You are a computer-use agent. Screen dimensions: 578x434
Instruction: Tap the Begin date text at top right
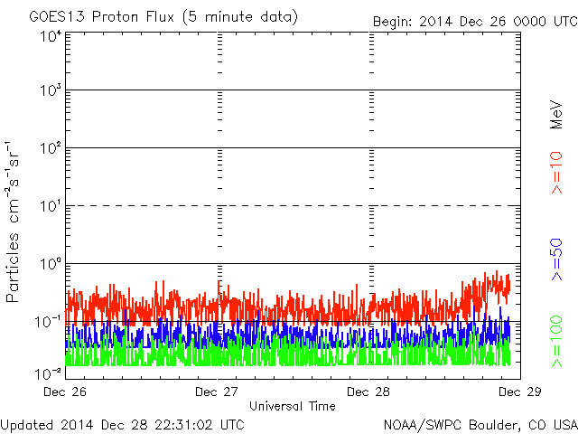pos(475,22)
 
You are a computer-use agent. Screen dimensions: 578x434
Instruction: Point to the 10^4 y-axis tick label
pos(51,36)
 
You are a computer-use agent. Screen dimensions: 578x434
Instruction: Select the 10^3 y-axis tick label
pos(51,90)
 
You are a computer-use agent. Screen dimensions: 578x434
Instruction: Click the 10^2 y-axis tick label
pos(51,148)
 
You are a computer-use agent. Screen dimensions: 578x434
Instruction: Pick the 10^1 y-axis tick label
pos(51,206)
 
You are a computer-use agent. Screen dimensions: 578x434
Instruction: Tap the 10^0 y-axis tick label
pos(51,264)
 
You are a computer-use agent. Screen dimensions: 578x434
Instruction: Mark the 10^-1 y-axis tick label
pos(48,322)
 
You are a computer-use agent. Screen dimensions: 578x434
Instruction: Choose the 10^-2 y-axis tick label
pos(48,373)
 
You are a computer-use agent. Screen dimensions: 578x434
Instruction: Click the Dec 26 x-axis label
pos(65,392)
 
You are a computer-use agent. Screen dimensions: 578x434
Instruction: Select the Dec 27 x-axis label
pos(217,392)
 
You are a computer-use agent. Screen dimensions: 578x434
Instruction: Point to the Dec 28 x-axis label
pos(368,392)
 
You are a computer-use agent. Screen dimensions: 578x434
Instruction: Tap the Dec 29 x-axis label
pos(520,392)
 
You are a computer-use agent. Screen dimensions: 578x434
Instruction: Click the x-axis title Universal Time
pos(293,406)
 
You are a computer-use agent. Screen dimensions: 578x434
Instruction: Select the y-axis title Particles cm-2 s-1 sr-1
pos(12,222)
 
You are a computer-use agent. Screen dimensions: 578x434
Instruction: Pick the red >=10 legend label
pos(556,173)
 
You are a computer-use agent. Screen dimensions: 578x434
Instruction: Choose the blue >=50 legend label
pos(556,259)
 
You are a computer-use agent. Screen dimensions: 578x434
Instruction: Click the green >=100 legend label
pos(556,342)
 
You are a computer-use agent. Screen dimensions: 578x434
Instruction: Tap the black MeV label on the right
pos(556,115)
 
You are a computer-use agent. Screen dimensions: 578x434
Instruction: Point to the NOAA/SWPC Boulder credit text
pos(480,425)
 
